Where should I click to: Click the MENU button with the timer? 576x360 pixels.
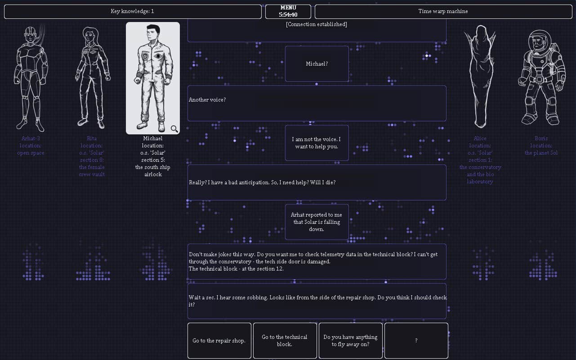click(288, 12)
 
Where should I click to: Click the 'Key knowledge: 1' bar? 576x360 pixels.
click(133, 12)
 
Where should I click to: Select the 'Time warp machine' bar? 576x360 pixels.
click(443, 12)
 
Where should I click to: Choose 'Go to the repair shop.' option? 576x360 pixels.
click(219, 341)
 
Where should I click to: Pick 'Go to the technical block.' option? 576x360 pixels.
click(285, 341)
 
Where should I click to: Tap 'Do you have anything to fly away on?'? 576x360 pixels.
click(350, 341)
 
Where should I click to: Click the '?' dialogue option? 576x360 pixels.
click(416, 341)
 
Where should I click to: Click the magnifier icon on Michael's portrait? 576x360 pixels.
click(174, 129)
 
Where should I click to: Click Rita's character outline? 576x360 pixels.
click(92, 78)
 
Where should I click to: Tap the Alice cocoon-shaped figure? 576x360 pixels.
click(480, 76)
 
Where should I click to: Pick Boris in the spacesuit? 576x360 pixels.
click(541, 78)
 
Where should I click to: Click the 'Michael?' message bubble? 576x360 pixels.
click(317, 64)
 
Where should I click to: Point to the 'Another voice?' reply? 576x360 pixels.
click(317, 103)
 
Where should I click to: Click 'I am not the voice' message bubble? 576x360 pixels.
click(317, 143)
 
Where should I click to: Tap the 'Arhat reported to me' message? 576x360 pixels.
click(317, 222)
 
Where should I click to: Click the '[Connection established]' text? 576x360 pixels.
click(317, 24)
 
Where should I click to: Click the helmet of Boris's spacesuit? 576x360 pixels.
click(540, 41)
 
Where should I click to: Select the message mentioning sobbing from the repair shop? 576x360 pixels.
click(317, 301)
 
